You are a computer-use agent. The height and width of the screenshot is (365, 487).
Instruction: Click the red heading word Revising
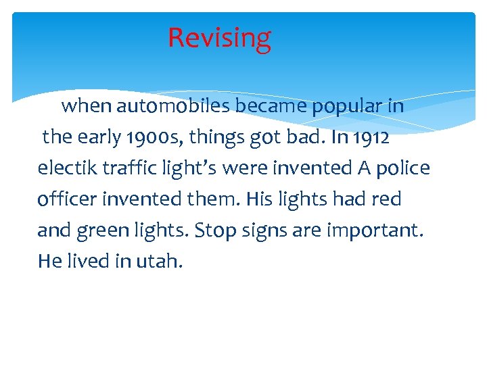219,38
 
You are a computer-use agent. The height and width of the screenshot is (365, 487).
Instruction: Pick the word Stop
214,230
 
